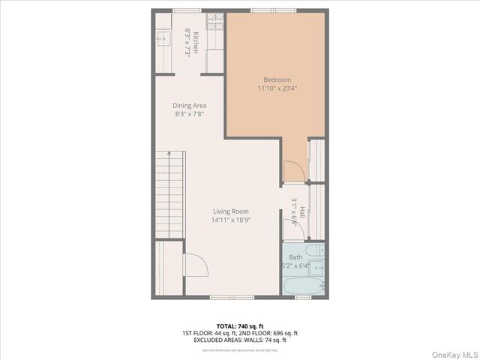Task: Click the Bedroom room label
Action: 277,79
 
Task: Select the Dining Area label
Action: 190,106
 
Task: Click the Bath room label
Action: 295,257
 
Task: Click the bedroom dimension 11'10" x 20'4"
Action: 277,88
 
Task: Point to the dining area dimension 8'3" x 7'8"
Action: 190,115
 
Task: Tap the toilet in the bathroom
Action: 319,266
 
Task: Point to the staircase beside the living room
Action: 170,194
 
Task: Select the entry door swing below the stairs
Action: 193,264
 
